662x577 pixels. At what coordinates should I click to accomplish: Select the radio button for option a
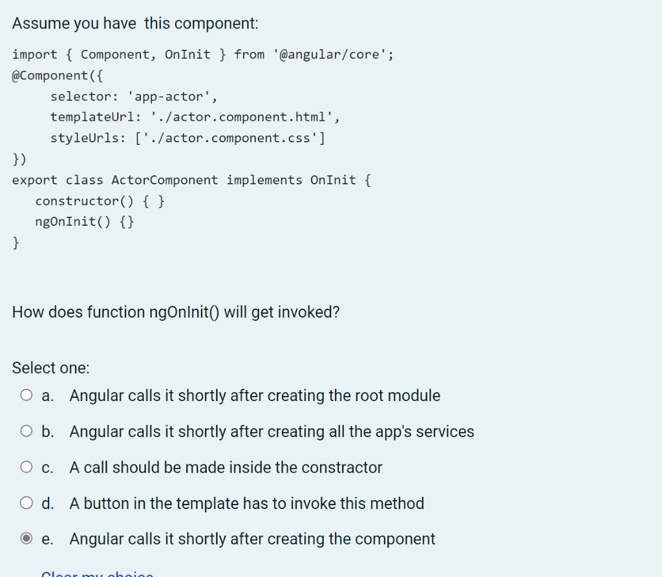click(27, 395)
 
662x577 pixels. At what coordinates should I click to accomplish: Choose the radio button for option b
click(27, 431)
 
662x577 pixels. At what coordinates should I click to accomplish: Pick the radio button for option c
click(27, 467)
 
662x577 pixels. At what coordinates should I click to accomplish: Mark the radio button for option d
click(27, 503)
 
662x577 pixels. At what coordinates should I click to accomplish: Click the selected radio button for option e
click(27, 539)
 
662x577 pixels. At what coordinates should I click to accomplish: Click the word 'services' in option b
click(445, 431)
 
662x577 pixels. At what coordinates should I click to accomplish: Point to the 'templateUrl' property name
click(92, 117)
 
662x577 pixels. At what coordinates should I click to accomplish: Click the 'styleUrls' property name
click(85, 138)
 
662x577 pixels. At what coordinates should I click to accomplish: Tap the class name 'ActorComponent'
click(165, 180)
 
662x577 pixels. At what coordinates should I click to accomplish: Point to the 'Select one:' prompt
click(51, 367)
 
